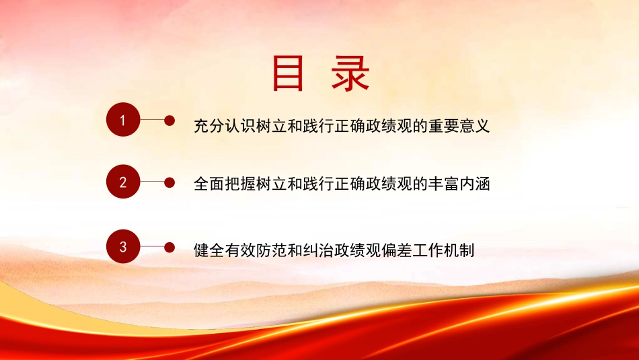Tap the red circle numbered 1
pos(123,120)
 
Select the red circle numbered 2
pos(123,182)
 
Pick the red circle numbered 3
pos(123,247)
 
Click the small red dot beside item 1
pos(170,120)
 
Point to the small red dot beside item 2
pos(170,182)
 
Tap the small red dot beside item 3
pos(170,247)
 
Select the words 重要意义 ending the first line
pos(459,125)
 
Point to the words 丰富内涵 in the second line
pos(459,184)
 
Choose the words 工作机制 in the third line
pos(445,251)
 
